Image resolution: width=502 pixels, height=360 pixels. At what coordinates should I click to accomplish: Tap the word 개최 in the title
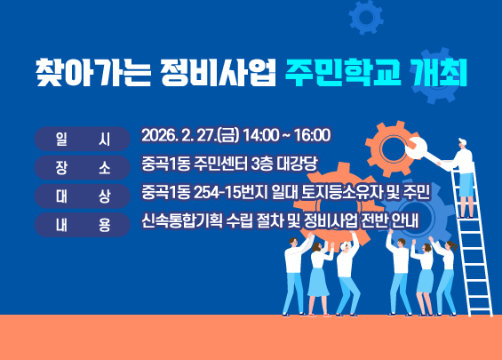[x=437, y=70]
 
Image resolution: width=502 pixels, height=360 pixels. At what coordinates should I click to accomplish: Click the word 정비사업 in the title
[x=213, y=70]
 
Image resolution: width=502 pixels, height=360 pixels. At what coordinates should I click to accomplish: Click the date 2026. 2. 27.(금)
[x=191, y=136]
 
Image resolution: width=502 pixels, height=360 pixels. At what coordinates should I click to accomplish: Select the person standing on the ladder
[x=462, y=164]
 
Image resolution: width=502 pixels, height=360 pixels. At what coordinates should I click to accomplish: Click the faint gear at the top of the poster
[x=365, y=15]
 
